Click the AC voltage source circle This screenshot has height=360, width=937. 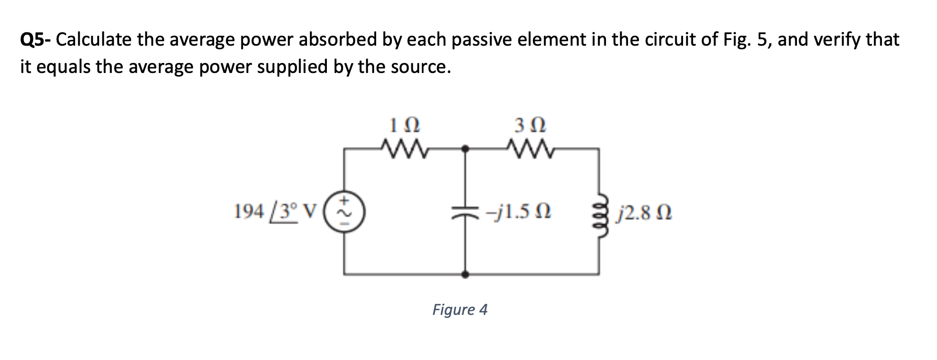coord(345,211)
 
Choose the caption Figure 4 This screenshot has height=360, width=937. coord(460,310)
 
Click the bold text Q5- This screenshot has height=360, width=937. coord(35,40)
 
